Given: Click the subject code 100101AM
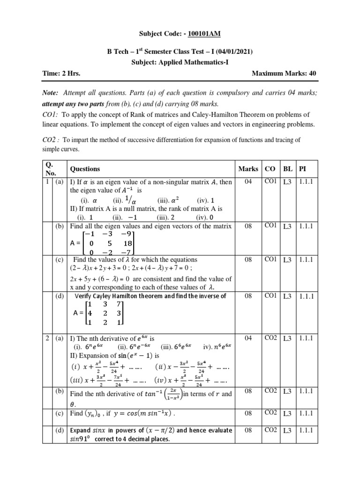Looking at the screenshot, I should click(204, 33).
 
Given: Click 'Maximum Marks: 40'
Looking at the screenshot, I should click(284, 73).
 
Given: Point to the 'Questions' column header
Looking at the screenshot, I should click(85, 169).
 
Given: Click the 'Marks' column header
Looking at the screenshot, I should click(248, 169).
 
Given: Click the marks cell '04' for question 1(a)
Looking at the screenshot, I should click(248, 181).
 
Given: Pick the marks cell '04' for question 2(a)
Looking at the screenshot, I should click(248, 338).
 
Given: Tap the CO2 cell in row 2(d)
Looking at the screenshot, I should click(270, 430).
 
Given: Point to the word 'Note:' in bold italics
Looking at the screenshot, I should click(51, 94).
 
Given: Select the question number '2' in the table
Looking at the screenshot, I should click(48, 338).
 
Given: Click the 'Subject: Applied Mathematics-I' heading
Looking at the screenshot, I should click(180, 62).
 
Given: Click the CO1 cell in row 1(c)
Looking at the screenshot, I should click(270, 259).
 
